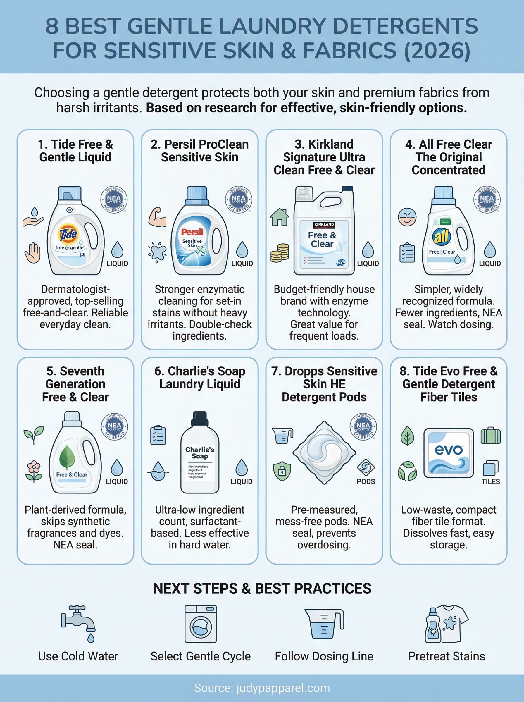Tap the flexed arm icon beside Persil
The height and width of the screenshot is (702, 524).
tap(158, 217)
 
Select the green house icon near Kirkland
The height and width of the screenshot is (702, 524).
tap(280, 217)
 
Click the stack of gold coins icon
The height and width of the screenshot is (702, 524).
tap(280, 253)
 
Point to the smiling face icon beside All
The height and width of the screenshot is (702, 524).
tap(407, 217)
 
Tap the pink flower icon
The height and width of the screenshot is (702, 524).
tap(34, 471)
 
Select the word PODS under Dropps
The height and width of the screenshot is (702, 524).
tap(366, 481)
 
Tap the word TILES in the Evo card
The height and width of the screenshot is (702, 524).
tap(490, 481)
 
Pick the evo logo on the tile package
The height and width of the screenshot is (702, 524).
tap(448, 450)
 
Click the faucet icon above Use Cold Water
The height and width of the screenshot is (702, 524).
tap(78, 622)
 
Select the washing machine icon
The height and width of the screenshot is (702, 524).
tap(201, 624)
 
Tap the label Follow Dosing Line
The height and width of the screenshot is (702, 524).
tap(324, 656)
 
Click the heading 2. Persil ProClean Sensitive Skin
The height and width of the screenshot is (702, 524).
tap(199, 151)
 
